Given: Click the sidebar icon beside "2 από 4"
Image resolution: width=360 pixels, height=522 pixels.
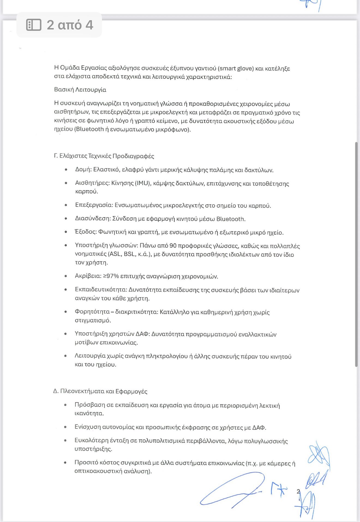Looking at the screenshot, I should pos(34,25).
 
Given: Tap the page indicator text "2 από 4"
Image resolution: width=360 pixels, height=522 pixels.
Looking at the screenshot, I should pos(70,25).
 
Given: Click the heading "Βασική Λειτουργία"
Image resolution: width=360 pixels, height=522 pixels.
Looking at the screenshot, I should pos(80,90).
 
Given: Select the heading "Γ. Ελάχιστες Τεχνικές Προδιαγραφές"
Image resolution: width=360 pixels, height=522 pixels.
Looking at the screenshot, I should pos(104,156).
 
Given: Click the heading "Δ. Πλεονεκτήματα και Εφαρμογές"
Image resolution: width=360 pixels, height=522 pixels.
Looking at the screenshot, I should pos(100,391).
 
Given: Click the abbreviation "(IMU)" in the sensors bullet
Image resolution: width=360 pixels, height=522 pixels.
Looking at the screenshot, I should pos(143,183).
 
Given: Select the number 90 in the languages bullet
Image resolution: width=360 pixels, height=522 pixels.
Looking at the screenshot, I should pos(173,246).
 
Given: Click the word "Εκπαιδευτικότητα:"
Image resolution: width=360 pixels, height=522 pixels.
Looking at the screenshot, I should pos(101,289).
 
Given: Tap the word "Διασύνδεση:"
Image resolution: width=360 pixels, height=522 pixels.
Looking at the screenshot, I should pos(93,219).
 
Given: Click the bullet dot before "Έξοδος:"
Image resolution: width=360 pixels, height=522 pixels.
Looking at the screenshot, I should pos(66,232).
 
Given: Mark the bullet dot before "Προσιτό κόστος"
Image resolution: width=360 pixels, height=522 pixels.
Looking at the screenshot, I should pos(65,463).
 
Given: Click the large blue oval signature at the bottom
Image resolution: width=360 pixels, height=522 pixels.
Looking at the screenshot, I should pos(232,491).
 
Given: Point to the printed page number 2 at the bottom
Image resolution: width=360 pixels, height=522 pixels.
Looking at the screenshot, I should pos(298,491).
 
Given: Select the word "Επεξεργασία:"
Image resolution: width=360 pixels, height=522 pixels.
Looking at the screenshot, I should pos(94,205).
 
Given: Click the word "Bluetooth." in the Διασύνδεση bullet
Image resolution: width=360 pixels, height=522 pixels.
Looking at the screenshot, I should pos(231,219).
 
